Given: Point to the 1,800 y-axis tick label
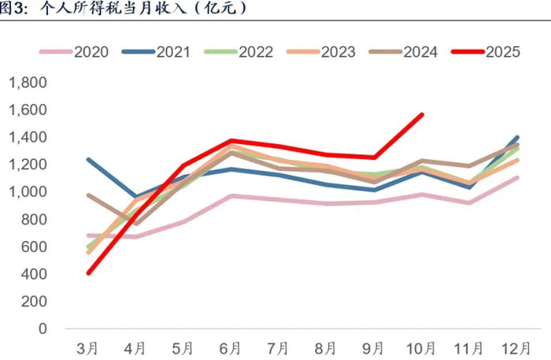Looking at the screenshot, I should [x=28, y=83].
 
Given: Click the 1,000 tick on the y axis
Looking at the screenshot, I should [x=28, y=192].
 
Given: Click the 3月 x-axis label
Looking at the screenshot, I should [x=87, y=347].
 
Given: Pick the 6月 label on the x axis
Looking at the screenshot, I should [x=231, y=347].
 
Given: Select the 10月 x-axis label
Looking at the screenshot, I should [x=421, y=347].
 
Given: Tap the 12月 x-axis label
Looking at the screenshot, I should [x=517, y=347].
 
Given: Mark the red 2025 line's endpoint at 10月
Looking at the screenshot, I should [x=422, y=115].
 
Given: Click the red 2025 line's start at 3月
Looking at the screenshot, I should [x=88, y=273].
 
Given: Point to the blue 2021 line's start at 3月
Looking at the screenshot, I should [x=88, y=159].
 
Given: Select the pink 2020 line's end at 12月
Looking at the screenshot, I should [x=517, y=177].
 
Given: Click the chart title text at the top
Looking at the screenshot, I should [x=126, y=9].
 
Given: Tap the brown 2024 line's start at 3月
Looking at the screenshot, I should [x=88, y=195].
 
